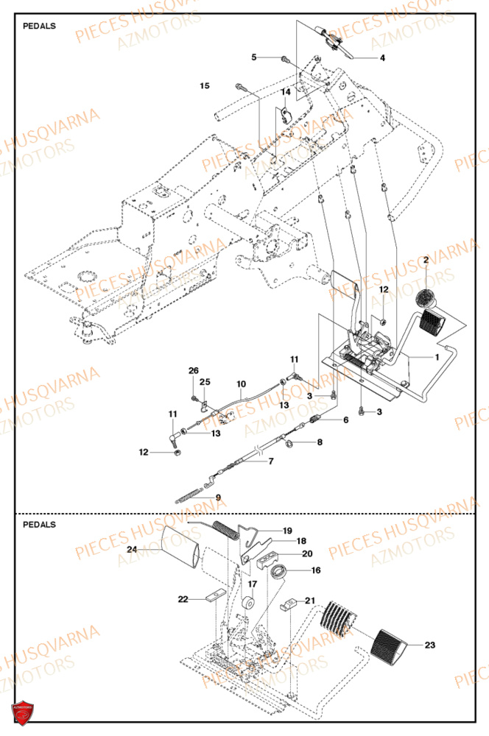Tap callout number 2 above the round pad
425,261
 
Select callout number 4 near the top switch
382,57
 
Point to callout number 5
254,57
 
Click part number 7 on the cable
270,461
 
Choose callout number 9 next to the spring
217,498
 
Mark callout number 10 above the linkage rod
241,384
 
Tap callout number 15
205,86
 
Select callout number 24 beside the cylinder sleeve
132,549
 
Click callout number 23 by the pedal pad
429,645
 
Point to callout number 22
183,600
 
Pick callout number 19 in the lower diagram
287,530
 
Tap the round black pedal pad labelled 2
425,299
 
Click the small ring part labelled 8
290,443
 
